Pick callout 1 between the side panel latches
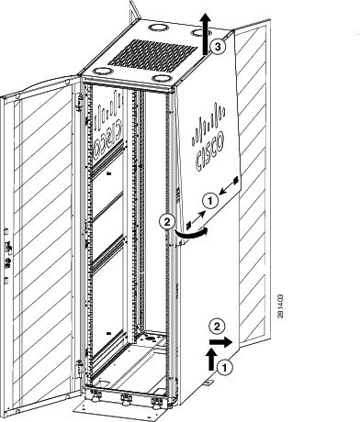tap(209, 195)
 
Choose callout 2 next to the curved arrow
tap(167, 220)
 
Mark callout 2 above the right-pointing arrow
tap(216, 325)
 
